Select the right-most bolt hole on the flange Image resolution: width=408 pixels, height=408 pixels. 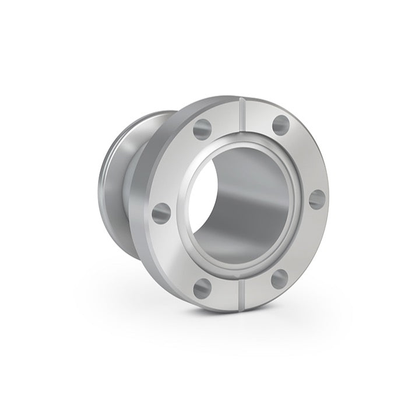tap(317, 199)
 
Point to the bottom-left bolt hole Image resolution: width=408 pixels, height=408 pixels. tap(202, 286)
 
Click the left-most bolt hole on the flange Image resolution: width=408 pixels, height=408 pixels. tap(161, 213)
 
